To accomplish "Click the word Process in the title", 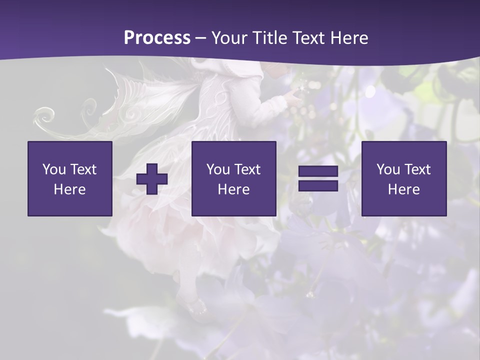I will tap(157, 38).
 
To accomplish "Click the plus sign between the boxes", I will tap(152, 179).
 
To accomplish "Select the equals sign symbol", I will tap(318, 179).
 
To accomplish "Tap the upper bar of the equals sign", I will tap(318, 172).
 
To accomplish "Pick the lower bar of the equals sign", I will tap(318, 185).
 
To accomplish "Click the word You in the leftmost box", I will tap(54, 169).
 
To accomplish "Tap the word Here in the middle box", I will tap(234, 189).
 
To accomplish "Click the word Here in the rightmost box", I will tap(404, 189).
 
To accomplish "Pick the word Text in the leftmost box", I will tap(83, 169).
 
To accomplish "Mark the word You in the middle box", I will tap(218, 169).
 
